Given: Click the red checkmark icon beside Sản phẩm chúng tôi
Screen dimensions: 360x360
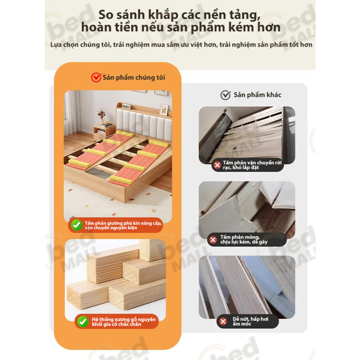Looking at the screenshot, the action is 96,77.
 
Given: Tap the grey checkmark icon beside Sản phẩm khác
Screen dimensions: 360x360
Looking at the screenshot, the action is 225,95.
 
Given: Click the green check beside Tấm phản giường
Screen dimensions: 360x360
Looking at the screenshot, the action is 77,225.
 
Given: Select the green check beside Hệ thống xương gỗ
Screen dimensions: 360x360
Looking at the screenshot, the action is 83,321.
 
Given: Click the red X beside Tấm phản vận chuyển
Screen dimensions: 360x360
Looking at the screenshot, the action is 217,165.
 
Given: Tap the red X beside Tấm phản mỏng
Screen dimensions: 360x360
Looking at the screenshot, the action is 213,240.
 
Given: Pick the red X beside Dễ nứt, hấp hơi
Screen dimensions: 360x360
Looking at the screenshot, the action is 223,321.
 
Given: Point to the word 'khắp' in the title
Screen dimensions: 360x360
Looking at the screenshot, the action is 163,15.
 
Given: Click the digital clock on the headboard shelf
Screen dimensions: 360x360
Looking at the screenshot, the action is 126,106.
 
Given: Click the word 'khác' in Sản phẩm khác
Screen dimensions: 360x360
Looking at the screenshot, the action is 273,95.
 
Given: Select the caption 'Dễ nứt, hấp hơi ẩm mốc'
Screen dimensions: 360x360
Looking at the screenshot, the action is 250,321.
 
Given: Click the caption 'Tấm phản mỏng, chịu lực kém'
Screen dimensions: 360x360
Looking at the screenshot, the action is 244,239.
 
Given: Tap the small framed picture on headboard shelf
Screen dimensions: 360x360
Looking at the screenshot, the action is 164,109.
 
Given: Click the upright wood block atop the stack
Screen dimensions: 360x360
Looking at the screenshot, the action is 152,250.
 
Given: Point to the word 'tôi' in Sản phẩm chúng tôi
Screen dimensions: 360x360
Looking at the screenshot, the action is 161,77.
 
